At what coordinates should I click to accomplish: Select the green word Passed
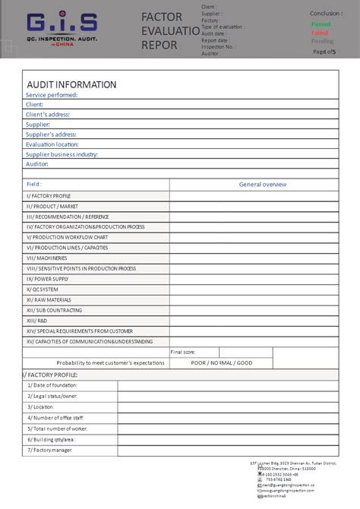pyautogui.click(x=321, y=24)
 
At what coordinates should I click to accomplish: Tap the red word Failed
pyautogui.click(x=321, y=33)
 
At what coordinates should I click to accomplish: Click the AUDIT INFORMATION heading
pyautogui.click(x=71, y=84)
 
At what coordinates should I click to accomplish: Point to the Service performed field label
pyautogui.click(x=52, y=95)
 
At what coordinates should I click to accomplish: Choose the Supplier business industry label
pyautogui.click(x=62, y=154)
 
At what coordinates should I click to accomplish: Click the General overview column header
pyautogui.click(x=263, y=185)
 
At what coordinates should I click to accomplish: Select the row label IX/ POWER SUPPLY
pyautogui.click(x=48, y=279)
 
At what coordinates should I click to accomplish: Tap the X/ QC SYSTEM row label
pyautogui.click(x=43, y=289)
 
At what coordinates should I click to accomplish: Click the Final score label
pyautogui.click(x=183, y=353)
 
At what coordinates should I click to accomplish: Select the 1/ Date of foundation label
pyautogui.click(x=52, y=385)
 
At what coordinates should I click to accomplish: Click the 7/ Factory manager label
pyautogui.click(x=50, y=451)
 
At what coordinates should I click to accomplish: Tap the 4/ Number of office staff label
pyautogui.click(x=56, y=418)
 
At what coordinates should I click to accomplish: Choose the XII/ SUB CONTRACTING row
pyautogui.click(x=54, y=310)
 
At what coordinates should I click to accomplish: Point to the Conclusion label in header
pyautogui.click(x=326, y=13)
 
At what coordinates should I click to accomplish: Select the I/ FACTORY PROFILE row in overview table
pyautogui.click(x=49, y=196)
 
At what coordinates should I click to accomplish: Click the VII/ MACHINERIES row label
pyautogui.click(x=46, y=258)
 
